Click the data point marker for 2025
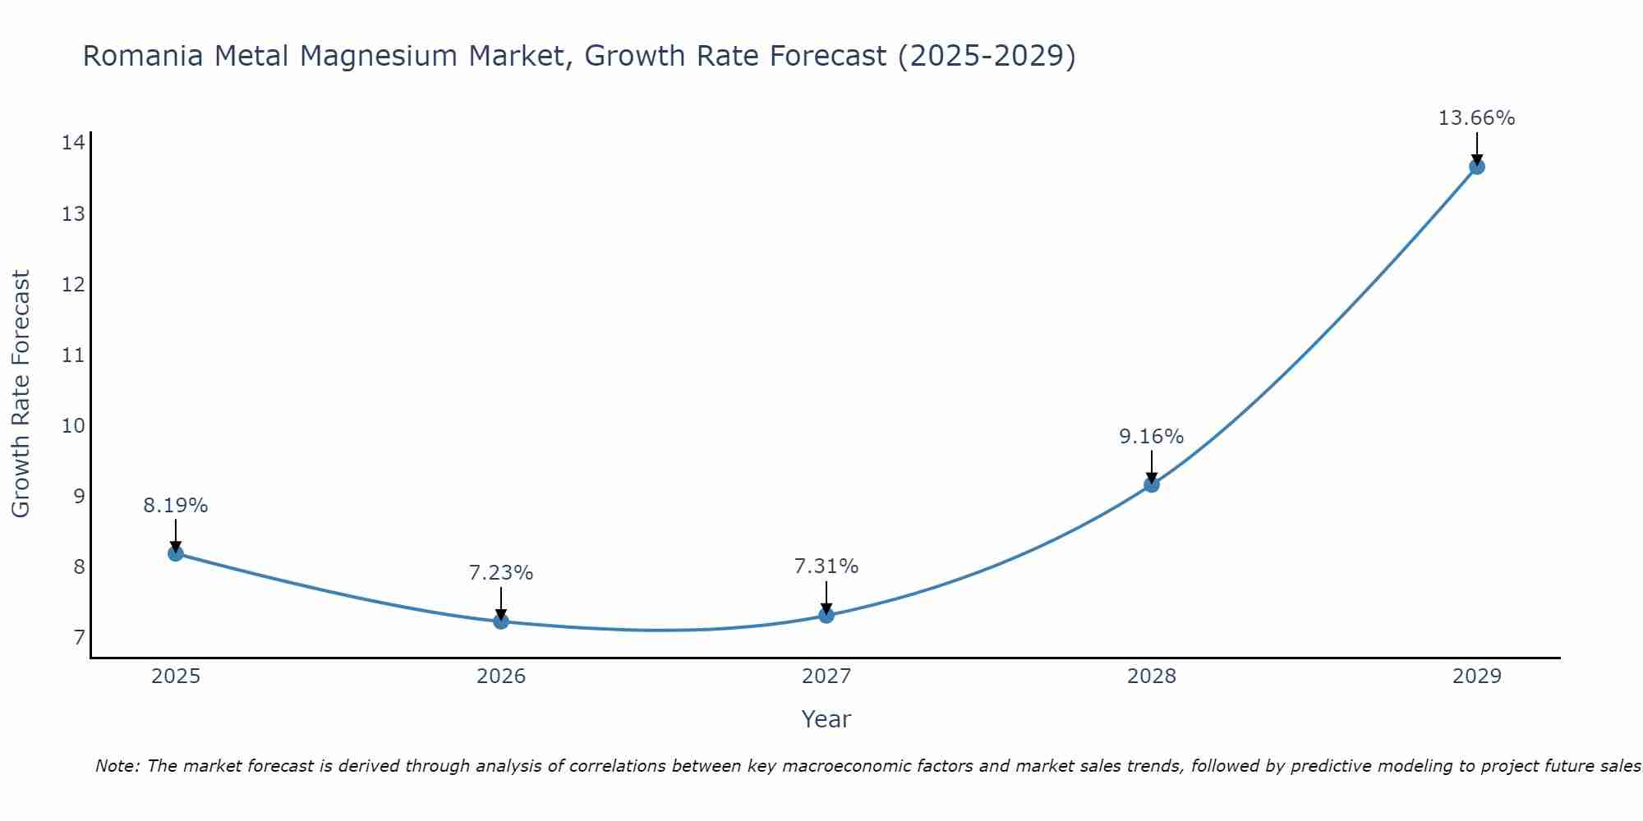tap(176, 553)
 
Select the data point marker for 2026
tap(501, 621)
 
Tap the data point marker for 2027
tap(826, 615)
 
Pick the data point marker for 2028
tap(1152, 484)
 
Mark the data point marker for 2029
tap(1476, 167)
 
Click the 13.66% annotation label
tap(1476, 118)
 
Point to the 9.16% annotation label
tap(1152, 437)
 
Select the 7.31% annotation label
tap(826, 566)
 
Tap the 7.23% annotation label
tap(501, 573)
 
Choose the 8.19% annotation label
tap(176, 506)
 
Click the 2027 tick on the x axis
tap(826, 677)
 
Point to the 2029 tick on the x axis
tap(1476, 677)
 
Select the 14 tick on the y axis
tap(73, 143)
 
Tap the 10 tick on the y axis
tap(73, 425)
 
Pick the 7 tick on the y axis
tap(79, 637)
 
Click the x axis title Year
tap(826, 719)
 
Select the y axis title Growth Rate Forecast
tap(21, 394)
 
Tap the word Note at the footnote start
tap(117, 766)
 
